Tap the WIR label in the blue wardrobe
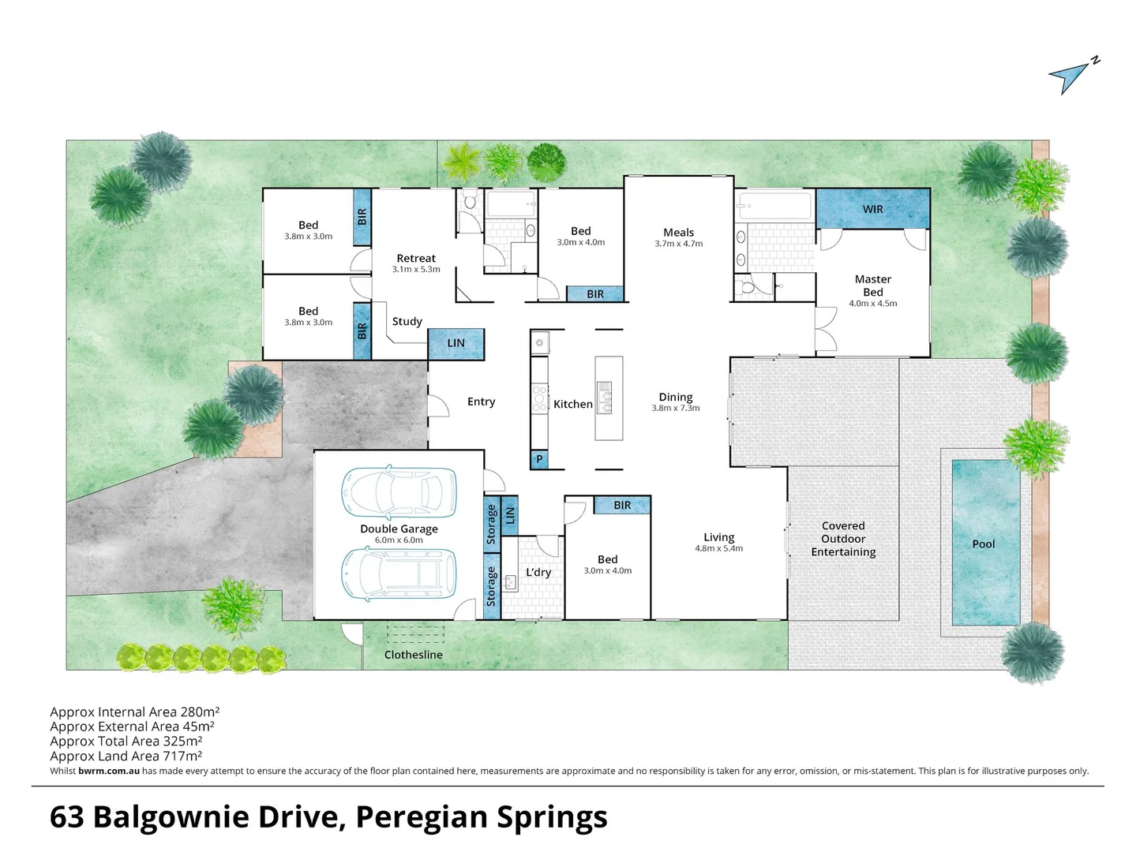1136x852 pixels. point(872,209)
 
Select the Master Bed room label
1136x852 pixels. point(872,286)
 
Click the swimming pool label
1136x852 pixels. point(984,544)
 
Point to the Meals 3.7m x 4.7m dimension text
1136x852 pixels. point(678,244)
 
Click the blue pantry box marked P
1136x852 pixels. point(539,459)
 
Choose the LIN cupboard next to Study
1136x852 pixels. point(456,343)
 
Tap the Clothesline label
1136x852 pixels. point(413,655)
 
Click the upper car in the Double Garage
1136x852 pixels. point(399,492)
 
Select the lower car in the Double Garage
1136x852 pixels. point(399,574)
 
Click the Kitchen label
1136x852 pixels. point(573,404)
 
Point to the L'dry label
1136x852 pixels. point(538,572)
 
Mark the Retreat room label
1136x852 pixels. point(416,259)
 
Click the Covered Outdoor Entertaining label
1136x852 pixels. point(843,539)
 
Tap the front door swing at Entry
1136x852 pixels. point(438,405)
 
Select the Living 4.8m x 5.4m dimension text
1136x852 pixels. point(719,548)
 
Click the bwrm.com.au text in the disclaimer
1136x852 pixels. point(109,771)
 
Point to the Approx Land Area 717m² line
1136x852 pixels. point(126,756)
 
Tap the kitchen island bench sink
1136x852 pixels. point(605,398)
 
